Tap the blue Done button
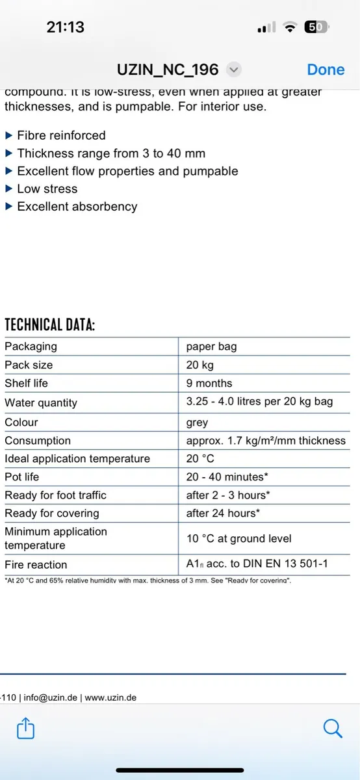tap(326, 70)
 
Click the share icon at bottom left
tap(25, 728)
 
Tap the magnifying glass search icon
tap(332, 728)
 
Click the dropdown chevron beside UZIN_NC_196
tap(234, 70)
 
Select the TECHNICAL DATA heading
tap(49, 324)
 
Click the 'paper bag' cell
tap(211, 346)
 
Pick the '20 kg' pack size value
tap(201, 365)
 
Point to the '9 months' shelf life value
tap(209, 383)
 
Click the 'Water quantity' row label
tap(41, 403)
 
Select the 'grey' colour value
tap(197, 422)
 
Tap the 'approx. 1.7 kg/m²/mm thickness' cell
tap(266, 441)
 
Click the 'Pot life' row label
tap(22, 477)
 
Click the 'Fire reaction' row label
tap(36, 564)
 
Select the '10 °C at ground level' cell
tap(238, 538)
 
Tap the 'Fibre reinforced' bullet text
tap(61, 135)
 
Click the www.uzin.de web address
tap(110, 697)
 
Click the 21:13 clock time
tap(66, 27)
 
